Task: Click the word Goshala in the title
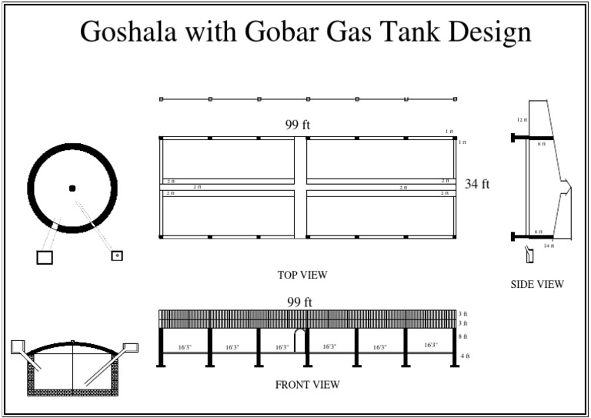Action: click(126, 32)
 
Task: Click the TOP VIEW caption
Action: click(302, 275)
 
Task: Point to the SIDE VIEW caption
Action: click(537, 285)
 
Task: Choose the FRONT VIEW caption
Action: click(307, 383)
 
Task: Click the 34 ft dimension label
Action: click(477, 184)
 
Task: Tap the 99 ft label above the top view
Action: click(298, 124)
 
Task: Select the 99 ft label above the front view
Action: click(299, 302)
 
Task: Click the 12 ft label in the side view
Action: click(521, 120)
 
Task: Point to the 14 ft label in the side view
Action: click(548, 246)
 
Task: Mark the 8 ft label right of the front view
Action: click(463, 337)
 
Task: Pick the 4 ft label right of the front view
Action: click(464, 356)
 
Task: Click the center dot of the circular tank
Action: click(72, 188)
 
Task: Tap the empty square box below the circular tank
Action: click(45, 257)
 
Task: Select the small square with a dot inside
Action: click(117, 255)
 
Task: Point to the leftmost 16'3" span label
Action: click(185, 347)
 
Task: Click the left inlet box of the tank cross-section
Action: click(18, 347)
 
